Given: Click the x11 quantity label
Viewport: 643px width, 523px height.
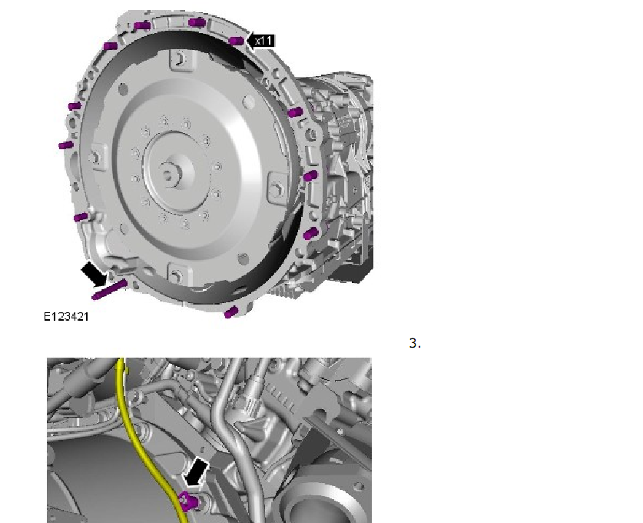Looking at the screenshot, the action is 263,41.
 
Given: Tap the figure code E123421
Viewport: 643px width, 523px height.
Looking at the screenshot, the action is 66,317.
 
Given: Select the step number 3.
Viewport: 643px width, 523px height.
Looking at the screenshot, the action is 415,343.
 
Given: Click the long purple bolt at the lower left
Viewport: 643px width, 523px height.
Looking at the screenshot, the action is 109,290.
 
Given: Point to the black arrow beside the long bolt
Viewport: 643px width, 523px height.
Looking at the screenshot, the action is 94,275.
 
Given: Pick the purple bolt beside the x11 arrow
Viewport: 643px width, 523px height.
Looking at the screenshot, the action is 237,41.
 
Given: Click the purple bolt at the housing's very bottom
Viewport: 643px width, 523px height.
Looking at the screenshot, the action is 231,312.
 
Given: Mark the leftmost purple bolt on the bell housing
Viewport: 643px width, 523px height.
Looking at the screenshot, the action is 65,145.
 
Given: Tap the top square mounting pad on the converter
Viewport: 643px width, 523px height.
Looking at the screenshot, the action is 179,59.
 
